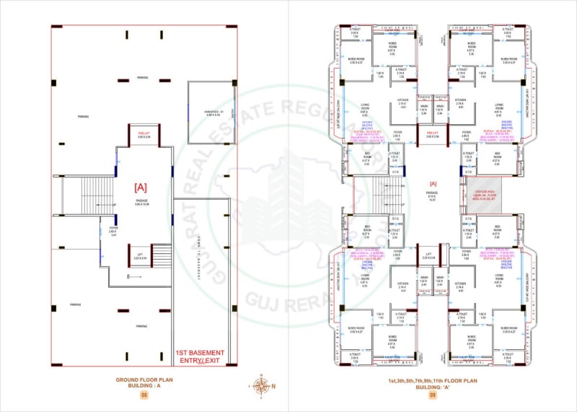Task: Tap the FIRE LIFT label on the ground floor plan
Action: tap(143, 133)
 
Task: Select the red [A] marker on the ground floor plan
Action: tap(142, 187)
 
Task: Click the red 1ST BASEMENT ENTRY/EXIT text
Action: tap(200, 356)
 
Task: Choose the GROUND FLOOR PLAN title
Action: tap(144, 379)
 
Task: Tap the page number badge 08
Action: tap(144, 395)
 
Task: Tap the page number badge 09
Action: tap(433, 395)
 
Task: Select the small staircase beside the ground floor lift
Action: tap(161, 255)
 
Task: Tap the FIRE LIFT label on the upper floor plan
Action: tap(433, 133)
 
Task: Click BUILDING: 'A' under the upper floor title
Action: tap(433, 387)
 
